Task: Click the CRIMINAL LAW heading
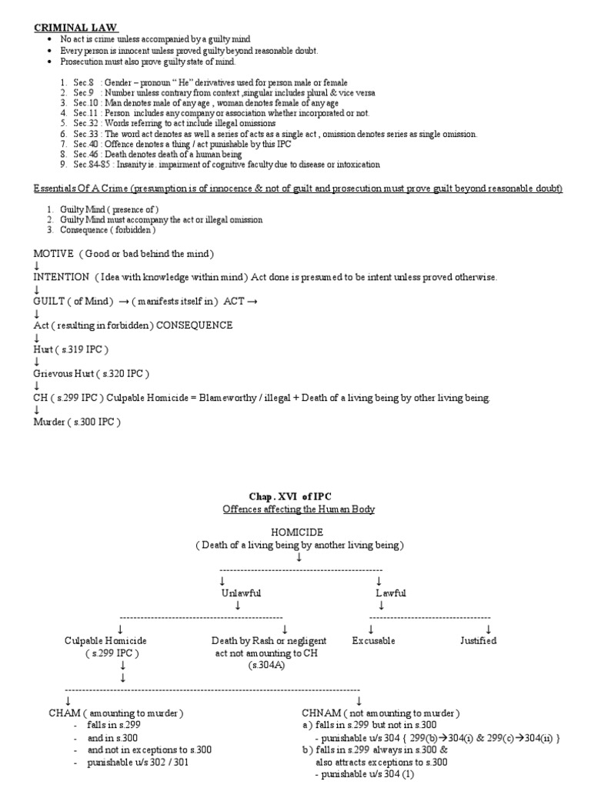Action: click(x=74, y=27)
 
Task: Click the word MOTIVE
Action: click(x=53, y=254)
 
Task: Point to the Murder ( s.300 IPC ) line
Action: click(x=77, y=422)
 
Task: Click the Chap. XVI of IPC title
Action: click(x=296, y=496)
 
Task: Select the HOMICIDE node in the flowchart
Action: click(x=298, y=533)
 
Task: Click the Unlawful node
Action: click(x=241, y=593)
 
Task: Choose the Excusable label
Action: click(x=373, y=640)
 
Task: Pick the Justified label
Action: click(x=478, y=640)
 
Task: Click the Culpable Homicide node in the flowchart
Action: click(x=106, y=640)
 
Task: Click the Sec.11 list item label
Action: click(x=88, y=113)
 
